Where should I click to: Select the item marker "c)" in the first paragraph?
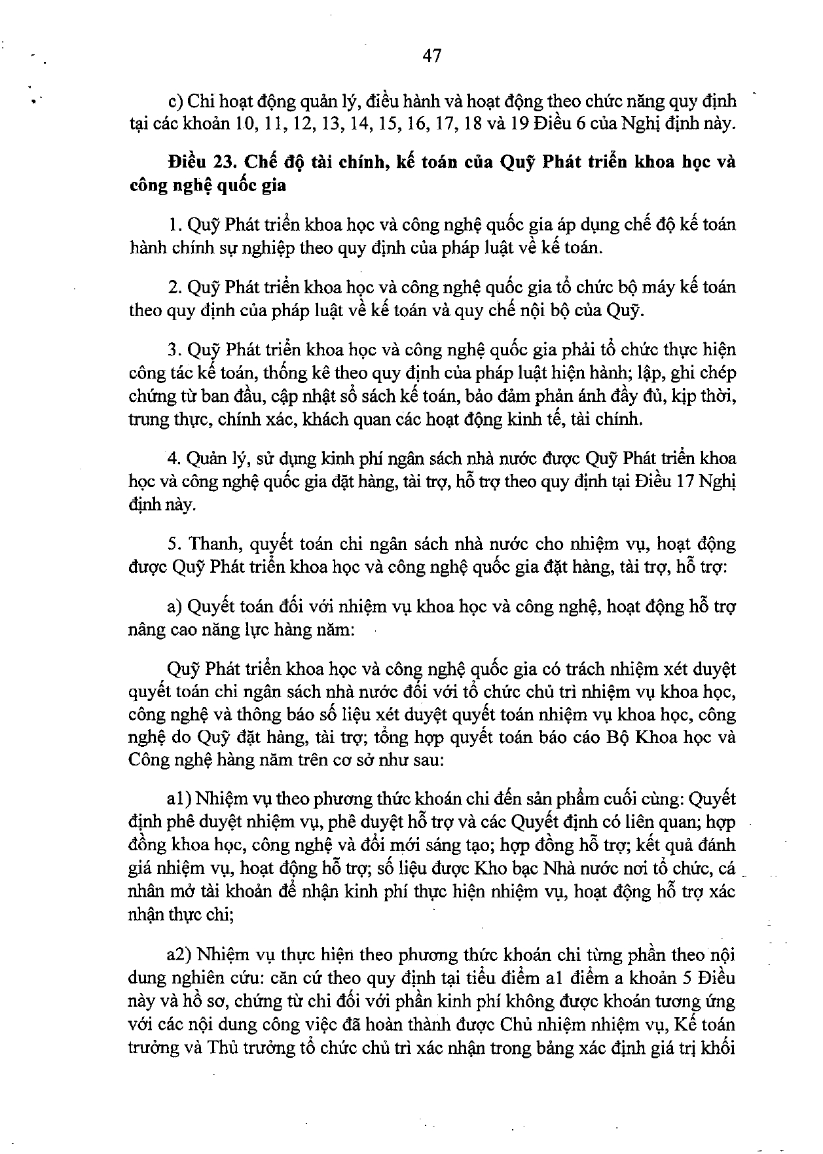click(x=175, y=101)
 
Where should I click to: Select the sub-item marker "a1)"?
click(x=178, y=799)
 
